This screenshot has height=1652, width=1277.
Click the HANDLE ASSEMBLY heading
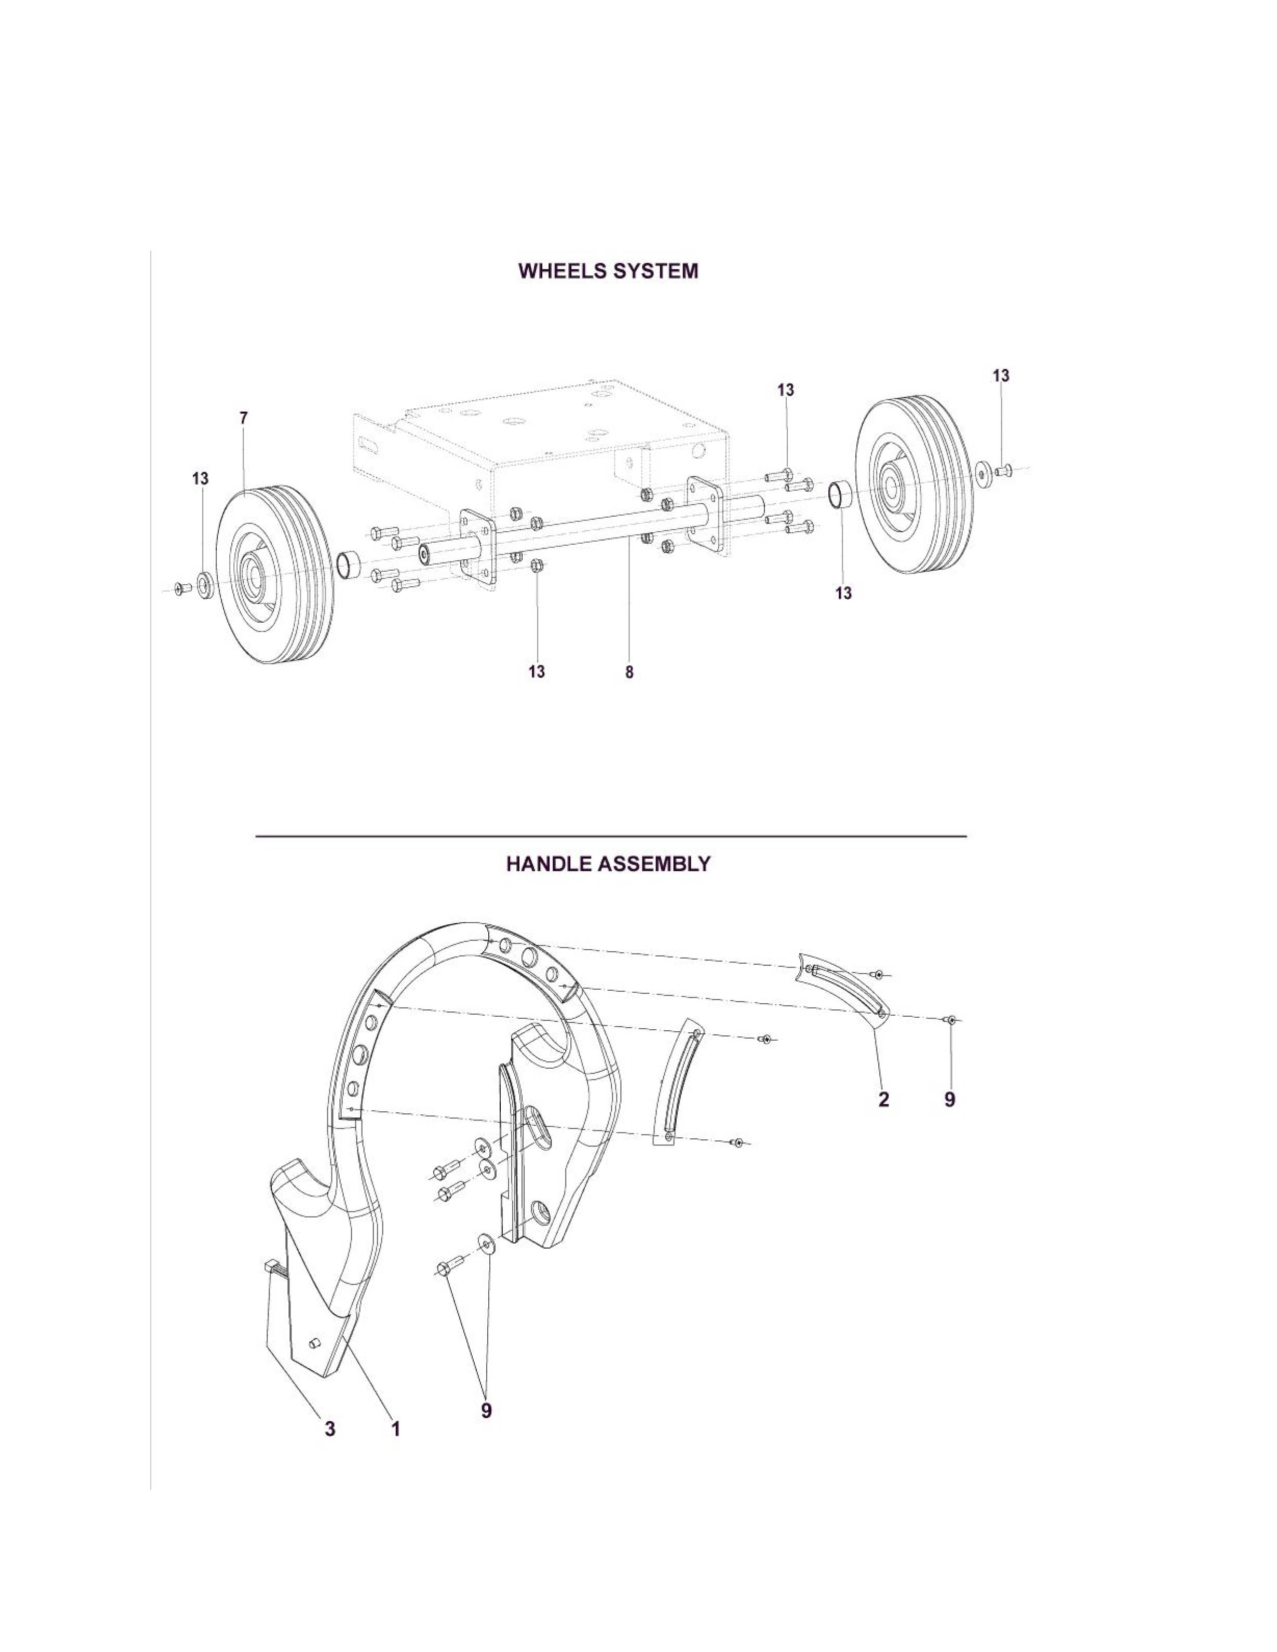tap(608, 864)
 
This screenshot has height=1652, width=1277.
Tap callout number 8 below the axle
tap(629, 672)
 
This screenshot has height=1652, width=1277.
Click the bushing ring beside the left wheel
tap(347, 564)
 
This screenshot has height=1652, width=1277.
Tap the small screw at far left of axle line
tap(181, 587)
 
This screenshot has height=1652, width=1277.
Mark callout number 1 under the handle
tap(395, 1429)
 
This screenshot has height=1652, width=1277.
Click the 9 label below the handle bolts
tap(486, 1410)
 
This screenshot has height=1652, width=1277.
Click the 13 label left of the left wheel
tap(200, 479)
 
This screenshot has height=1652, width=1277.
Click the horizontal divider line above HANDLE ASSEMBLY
tap(611, 837)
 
